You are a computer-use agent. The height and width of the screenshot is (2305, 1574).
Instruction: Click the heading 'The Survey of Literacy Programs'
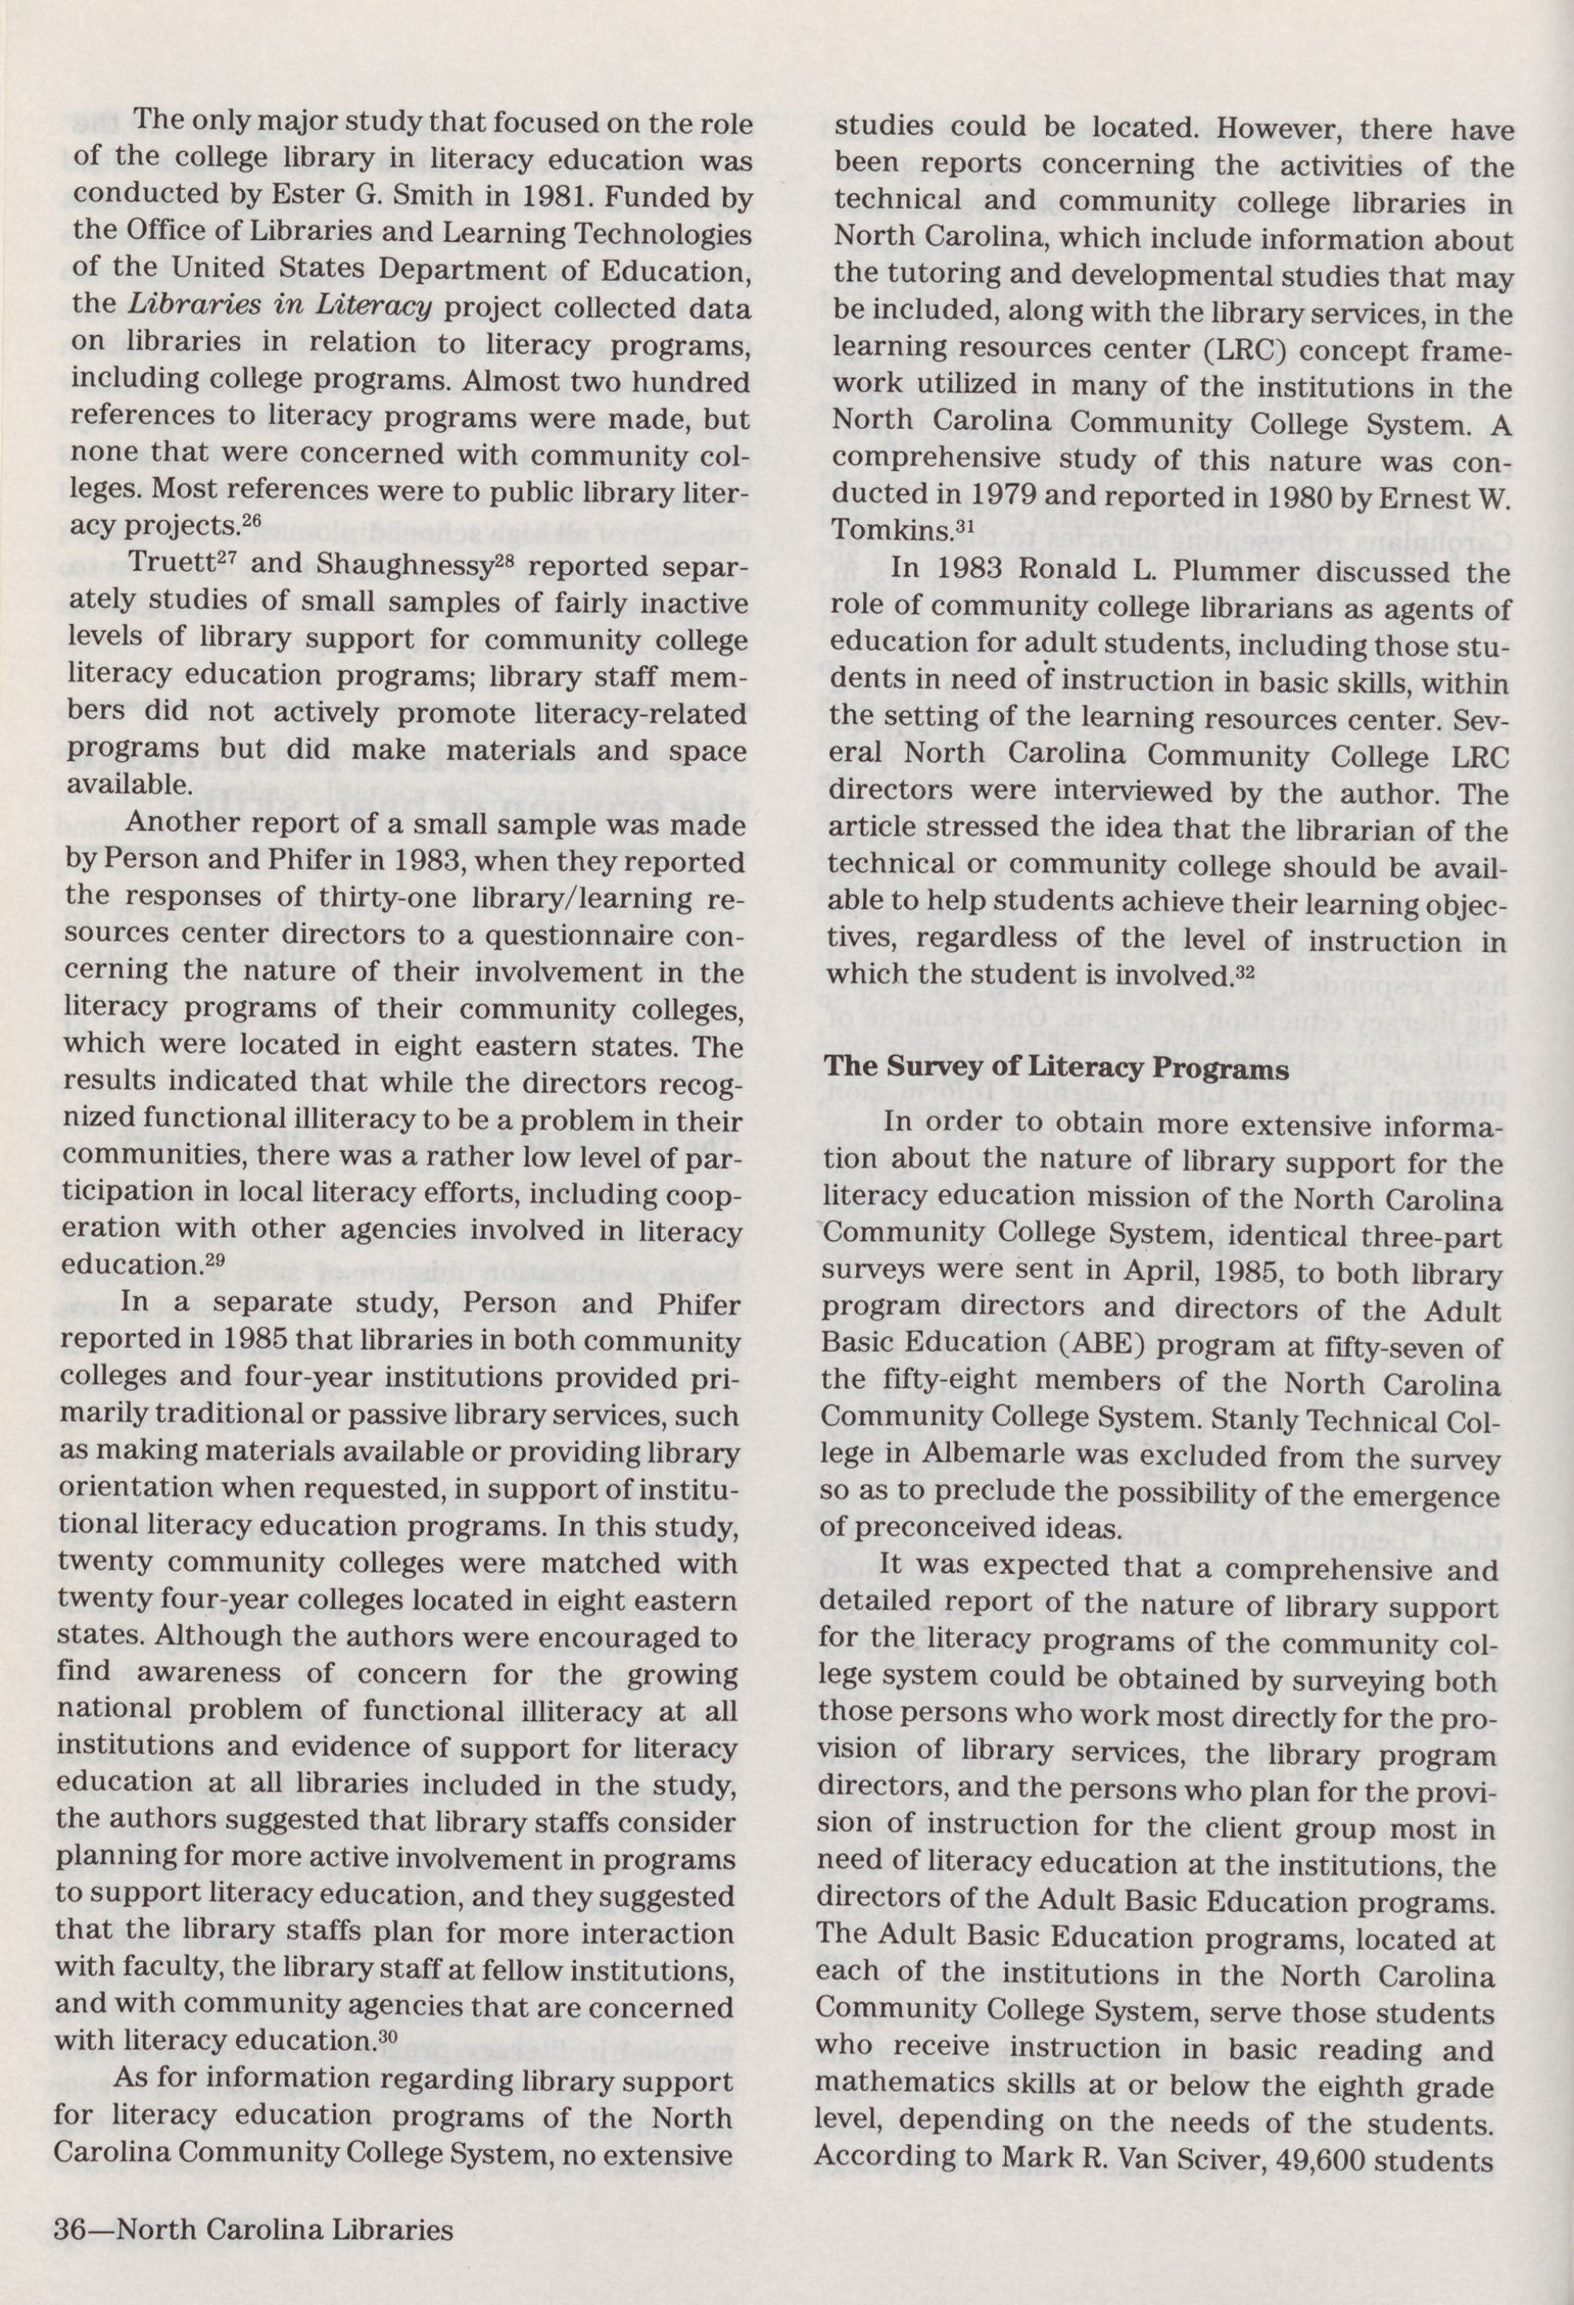tap(1057, 1069)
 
